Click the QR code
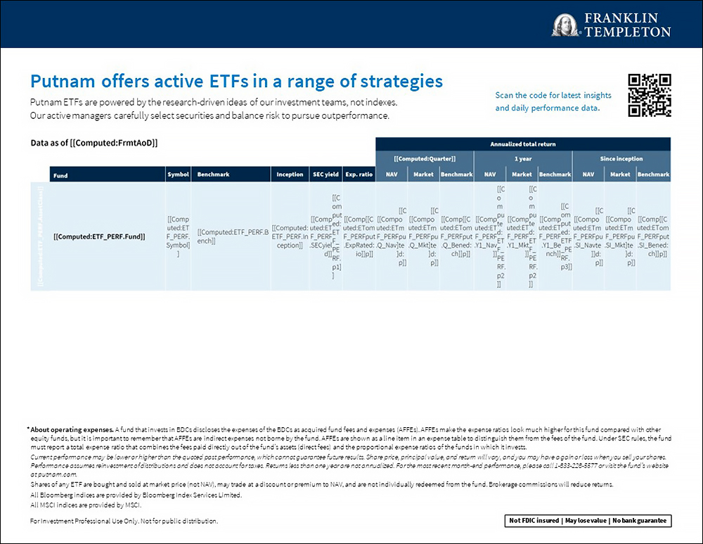point(649,95)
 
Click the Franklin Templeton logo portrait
point(565,25)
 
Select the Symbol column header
point(178,175)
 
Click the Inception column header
point(290,175)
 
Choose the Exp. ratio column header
point(359,175)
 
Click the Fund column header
point(61,175)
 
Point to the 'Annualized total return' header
point(522,144)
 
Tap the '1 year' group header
point(522,159)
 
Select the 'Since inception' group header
point(621,159)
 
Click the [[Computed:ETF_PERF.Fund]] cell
point(99,236)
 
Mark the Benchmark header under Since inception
point(654,175)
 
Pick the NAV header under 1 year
point(490,175)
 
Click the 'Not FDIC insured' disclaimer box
point(588,521)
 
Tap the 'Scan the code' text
point(553,96)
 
